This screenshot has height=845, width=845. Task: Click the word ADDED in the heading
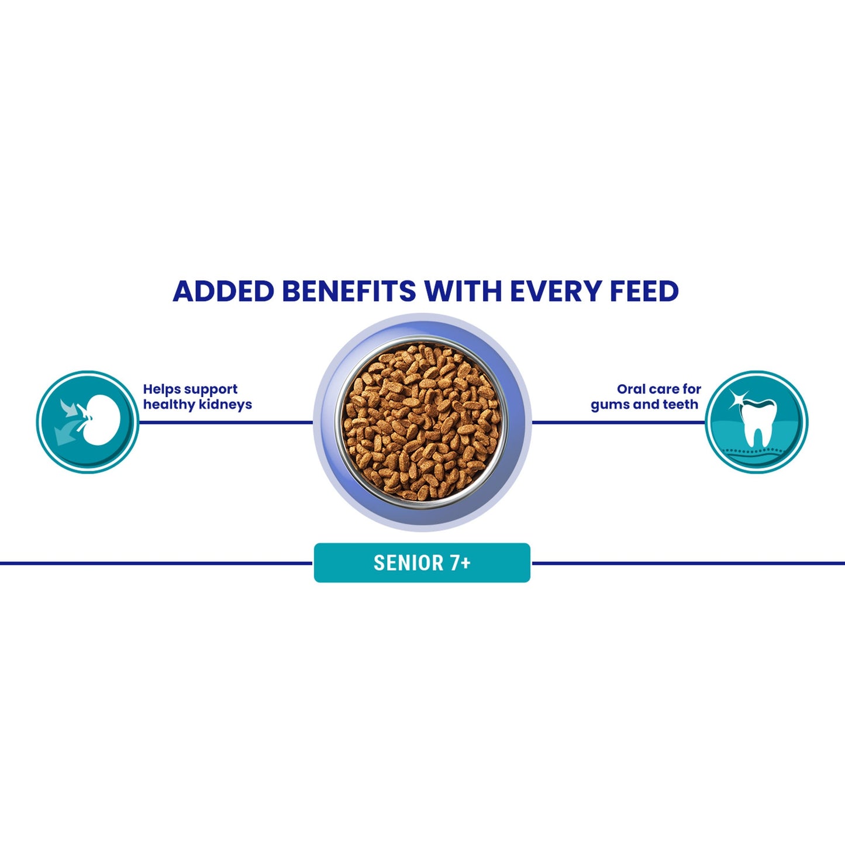click(223, 291)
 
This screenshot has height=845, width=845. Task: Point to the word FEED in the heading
click(644, 291)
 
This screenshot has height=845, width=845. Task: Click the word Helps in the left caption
click(161, 389)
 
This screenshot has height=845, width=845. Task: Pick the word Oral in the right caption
click(630, 389)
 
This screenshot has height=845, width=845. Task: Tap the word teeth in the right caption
click(680, 405)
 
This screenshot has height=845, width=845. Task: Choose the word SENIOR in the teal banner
click(408, 563)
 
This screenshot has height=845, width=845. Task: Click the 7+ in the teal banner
click(460, 563)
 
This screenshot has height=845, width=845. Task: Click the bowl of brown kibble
click(422, 422)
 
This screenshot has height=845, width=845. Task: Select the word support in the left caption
click(211, 390)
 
